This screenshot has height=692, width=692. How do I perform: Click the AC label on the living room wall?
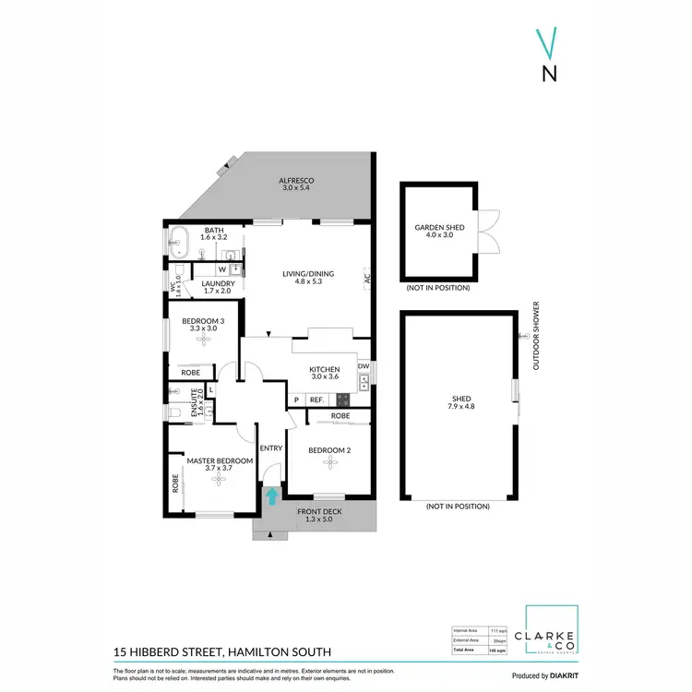(366, 278)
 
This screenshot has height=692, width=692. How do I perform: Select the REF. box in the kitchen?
(316, 400)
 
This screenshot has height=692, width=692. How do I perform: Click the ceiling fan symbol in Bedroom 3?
(202, 340)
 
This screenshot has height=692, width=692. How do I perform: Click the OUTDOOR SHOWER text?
(535, 337)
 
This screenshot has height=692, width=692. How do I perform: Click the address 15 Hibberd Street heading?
(208, 650)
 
